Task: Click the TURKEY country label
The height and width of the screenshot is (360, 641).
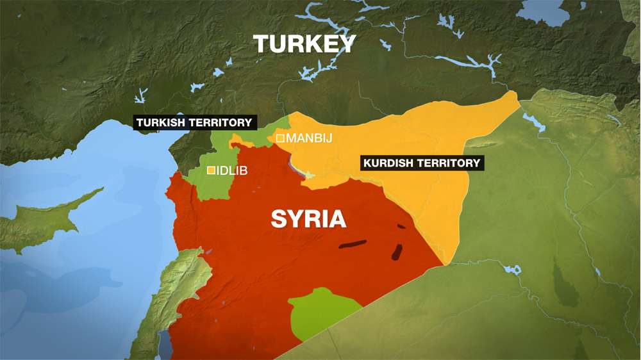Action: coord(304,44)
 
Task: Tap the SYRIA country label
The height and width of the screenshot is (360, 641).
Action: coord(308,219)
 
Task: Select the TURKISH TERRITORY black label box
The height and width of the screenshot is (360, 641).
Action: coord(194,122)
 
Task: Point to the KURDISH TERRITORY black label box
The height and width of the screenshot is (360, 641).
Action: coord(421,163)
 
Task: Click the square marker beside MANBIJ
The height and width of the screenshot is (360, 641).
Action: coord(280,138)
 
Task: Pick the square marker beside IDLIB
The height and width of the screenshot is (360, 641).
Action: coord(211,170)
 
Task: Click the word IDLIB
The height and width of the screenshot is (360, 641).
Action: coord(233,171)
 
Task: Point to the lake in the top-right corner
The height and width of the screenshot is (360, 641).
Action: coord(545,10)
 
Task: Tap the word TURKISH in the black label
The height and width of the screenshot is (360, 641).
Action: coord(161,122)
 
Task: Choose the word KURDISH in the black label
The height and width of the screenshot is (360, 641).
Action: coord(390,163)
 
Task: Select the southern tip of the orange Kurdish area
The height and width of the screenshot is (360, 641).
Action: coord(444,263)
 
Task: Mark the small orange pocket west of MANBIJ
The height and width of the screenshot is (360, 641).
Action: coord(237,140)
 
